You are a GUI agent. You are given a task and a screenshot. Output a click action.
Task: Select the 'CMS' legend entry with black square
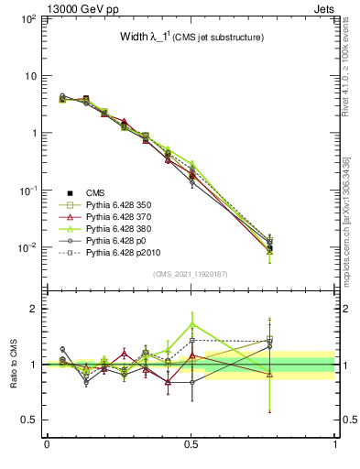pyautogui.click(x=96, y=192)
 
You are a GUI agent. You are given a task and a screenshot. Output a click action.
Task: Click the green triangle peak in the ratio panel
pyautogui.click(x=191, y=324)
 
